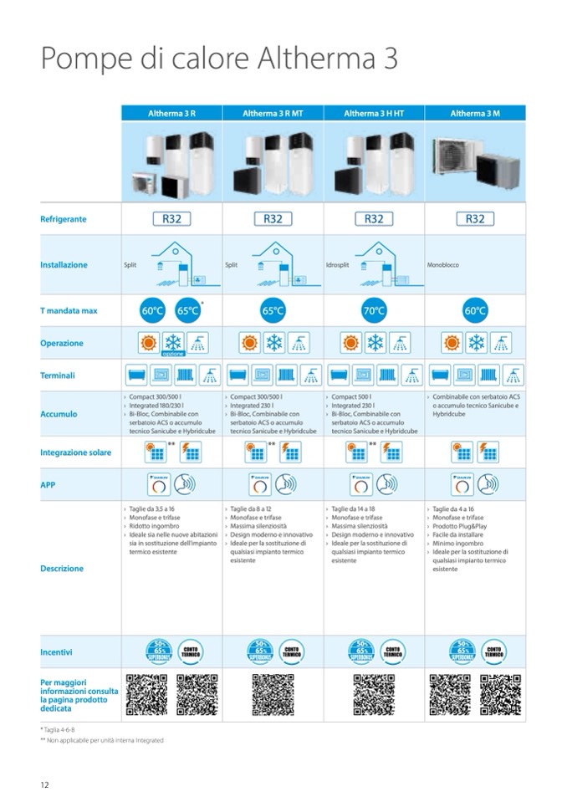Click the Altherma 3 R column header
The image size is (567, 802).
click(171, 113)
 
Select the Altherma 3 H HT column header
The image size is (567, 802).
click(374, 113)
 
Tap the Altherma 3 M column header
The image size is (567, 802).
click(475, 113)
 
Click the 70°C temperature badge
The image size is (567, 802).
click(374, 311)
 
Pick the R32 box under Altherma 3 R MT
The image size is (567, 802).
click(273, 219)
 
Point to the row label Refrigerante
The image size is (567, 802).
click(64, 219)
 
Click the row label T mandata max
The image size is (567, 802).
click(69, 311)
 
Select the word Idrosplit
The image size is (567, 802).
click(337, 265)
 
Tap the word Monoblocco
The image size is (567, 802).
click(442, 265)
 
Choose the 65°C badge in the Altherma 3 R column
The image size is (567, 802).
click(188, 311)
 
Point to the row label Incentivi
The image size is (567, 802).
click(56, 651)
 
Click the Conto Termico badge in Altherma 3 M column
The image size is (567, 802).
click(493, 651)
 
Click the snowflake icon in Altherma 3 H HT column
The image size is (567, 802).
click(374, 343)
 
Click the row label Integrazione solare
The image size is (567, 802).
click(75, 452)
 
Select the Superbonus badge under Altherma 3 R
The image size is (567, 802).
click(152, 651)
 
